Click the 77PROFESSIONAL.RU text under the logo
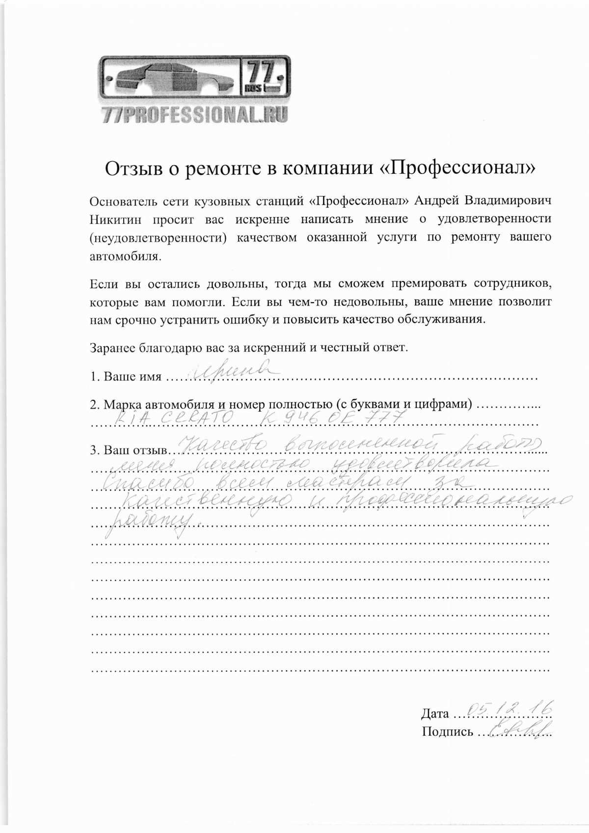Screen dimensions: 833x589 194,115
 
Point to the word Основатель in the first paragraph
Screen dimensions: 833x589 124,201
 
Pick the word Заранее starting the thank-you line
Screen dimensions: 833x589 112,348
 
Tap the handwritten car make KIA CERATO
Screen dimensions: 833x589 174,419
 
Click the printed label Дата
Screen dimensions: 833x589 434,714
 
